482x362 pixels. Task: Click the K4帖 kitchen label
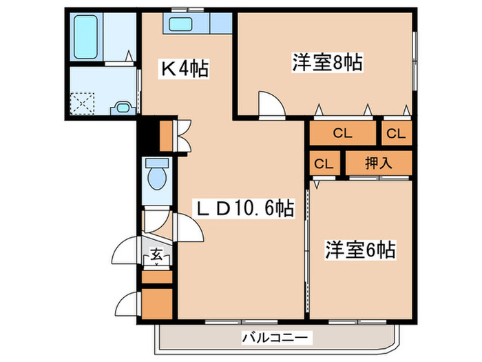pos(185,68)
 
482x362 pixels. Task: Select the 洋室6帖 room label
pos(360,249)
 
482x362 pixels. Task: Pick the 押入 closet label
pos(378,163)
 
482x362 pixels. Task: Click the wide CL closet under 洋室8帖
pos(342,134)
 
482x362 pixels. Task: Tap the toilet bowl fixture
pos(158,175)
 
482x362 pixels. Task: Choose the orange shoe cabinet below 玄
pos(156,277)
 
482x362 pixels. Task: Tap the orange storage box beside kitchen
pos(166,135)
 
